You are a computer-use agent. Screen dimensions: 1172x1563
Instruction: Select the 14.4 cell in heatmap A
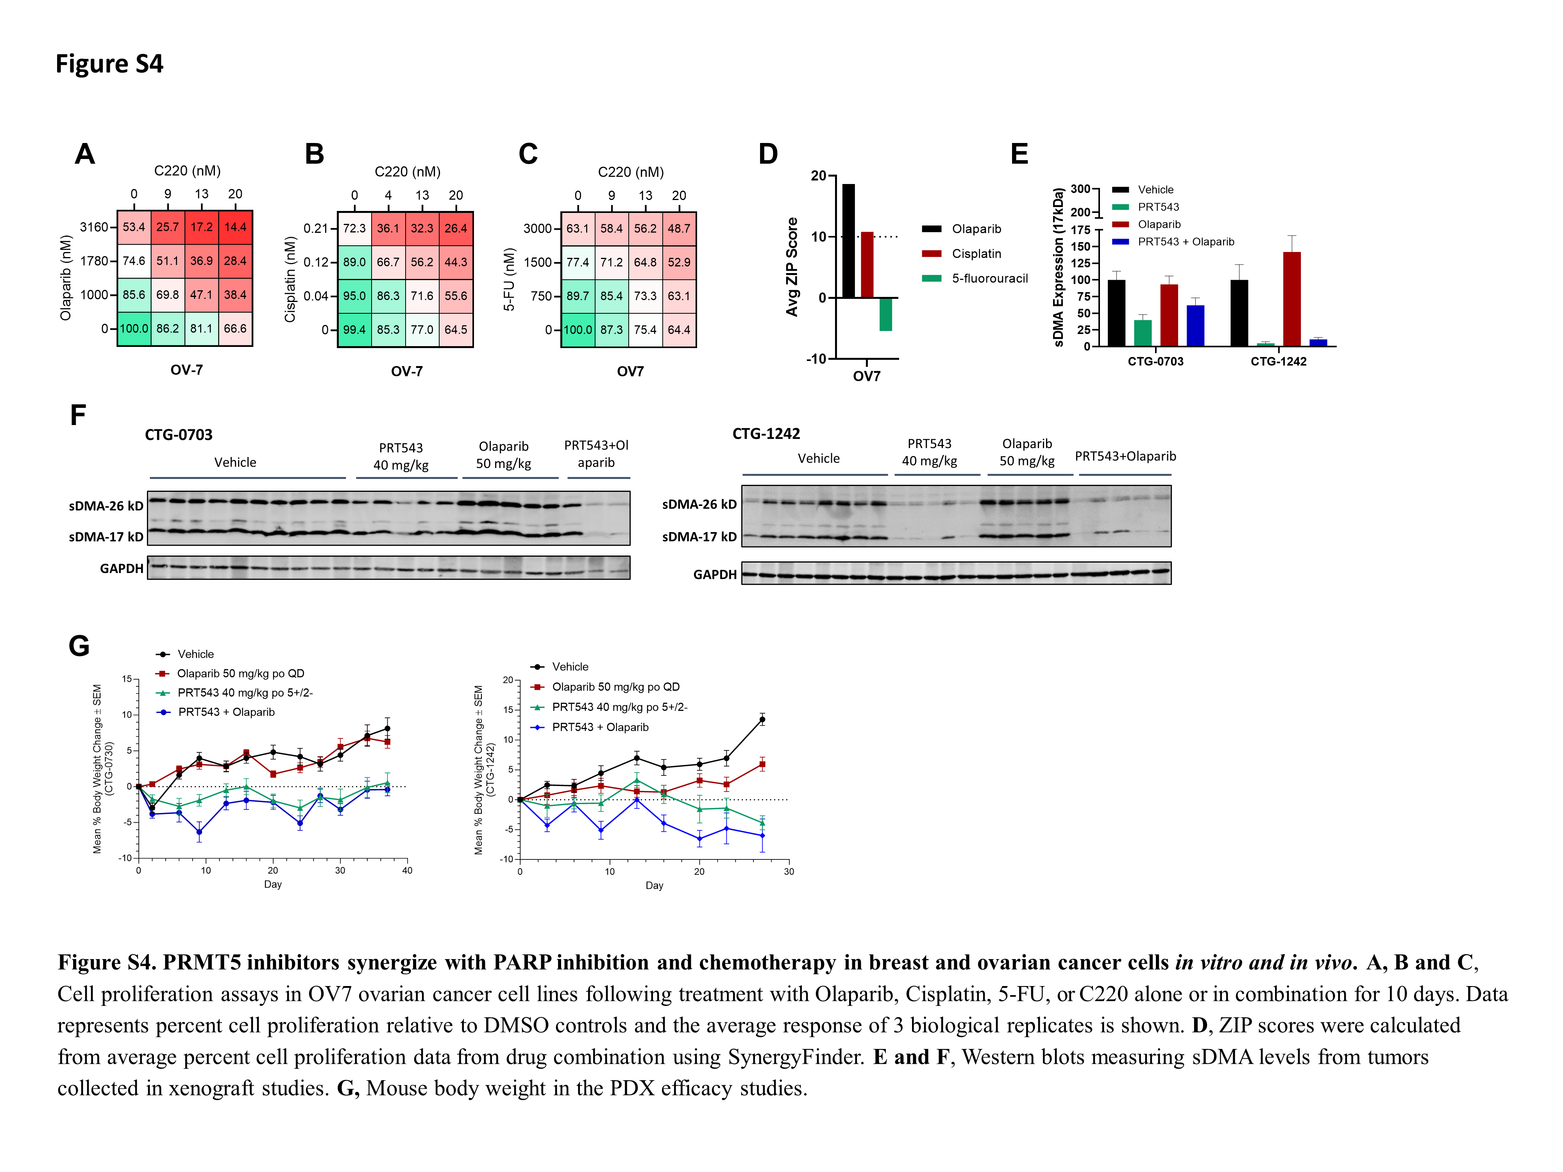pos(235,227)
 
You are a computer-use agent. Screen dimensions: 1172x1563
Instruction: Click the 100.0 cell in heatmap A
pos(134,329)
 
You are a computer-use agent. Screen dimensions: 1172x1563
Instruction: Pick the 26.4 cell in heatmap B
pos(456,228)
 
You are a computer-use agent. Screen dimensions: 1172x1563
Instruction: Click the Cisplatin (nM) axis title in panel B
pos(290,279)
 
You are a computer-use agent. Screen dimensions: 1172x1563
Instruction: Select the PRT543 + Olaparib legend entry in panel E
pos(1185,241)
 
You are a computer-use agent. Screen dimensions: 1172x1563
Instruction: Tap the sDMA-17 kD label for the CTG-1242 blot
pos(698,537)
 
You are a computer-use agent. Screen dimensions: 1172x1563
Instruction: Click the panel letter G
pos(79,646)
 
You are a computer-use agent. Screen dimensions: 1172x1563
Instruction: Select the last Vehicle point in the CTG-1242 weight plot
pos(762,720)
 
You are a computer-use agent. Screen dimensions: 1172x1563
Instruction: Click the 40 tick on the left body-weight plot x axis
pos(407,870)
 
